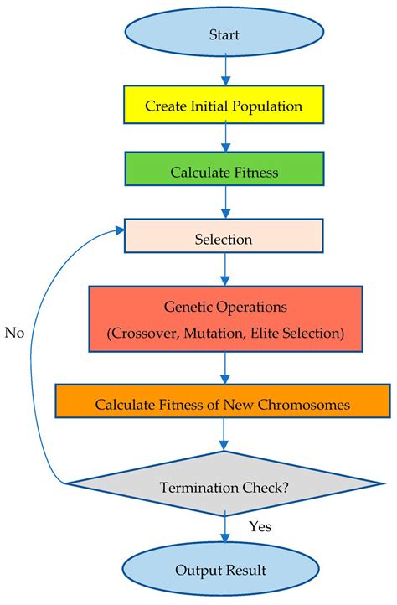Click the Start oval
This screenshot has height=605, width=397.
(x=224, y=34)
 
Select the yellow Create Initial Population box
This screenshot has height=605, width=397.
(x=224, y=106)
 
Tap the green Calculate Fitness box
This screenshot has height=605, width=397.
(x=224, y=171)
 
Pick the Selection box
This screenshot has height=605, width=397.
(x=224, y=239)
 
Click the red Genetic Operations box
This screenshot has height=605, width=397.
(x=224, y=318)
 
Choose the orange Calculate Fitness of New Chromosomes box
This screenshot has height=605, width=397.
(x=224, y=404)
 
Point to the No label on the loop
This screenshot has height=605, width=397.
(x=14, y=333)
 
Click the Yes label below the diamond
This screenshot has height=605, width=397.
(x=260, y=526)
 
